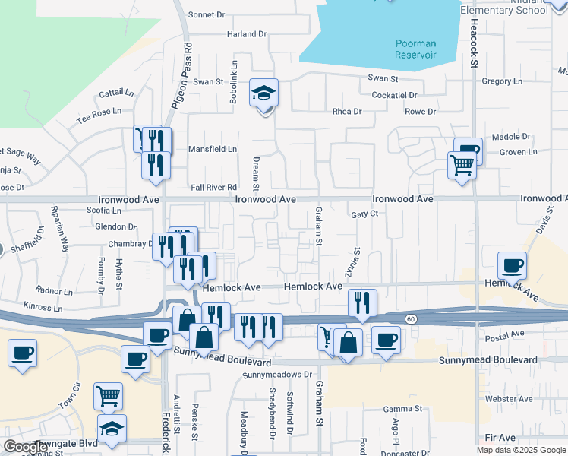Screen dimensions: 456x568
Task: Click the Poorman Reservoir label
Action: click(415, 49)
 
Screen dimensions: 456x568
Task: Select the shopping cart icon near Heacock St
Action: click(462, 164)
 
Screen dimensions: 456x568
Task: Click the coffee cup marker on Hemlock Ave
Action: click(512, 267)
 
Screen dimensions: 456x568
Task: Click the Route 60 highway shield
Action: click(410, 318)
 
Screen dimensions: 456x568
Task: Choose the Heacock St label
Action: click(472, 45)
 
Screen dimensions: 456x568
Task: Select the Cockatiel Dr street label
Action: click(394, 95)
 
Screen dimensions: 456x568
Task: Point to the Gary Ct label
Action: click(364, 214)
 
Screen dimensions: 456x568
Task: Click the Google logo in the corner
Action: click(26, 447)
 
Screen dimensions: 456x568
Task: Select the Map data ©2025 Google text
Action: click(521, 450)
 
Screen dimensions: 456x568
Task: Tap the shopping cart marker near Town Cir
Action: click(109, 396)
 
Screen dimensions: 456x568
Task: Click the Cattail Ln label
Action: click(115, 93)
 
